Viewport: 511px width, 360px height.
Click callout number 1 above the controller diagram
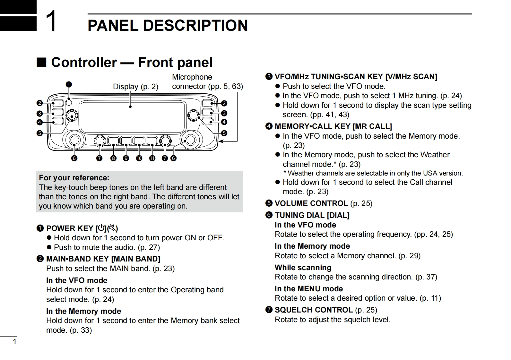pos(69,84)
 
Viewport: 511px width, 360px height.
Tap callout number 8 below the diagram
pos(113,158)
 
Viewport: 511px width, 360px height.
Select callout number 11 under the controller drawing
pos(152,158)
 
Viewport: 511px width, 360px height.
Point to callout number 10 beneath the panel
pos(139,158)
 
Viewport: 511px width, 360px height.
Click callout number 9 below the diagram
pos(126,158)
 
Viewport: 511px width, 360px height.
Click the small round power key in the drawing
pos(69,103)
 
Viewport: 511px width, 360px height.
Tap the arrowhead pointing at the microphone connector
pos(220,141)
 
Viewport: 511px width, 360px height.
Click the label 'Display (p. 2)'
pos(135,87)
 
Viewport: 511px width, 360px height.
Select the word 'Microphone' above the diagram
pos(192,77)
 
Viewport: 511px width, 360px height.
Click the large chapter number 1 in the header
pos(51,21)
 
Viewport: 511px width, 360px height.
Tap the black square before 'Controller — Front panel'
pos(41,62)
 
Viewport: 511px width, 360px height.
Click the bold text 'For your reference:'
pos(74,178)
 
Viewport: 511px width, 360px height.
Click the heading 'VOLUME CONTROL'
pos(311,203)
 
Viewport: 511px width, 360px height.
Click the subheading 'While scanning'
pos(303,268)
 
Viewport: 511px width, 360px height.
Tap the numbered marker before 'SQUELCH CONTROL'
pos(269,310)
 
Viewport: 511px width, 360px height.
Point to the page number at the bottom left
pos(14,342)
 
